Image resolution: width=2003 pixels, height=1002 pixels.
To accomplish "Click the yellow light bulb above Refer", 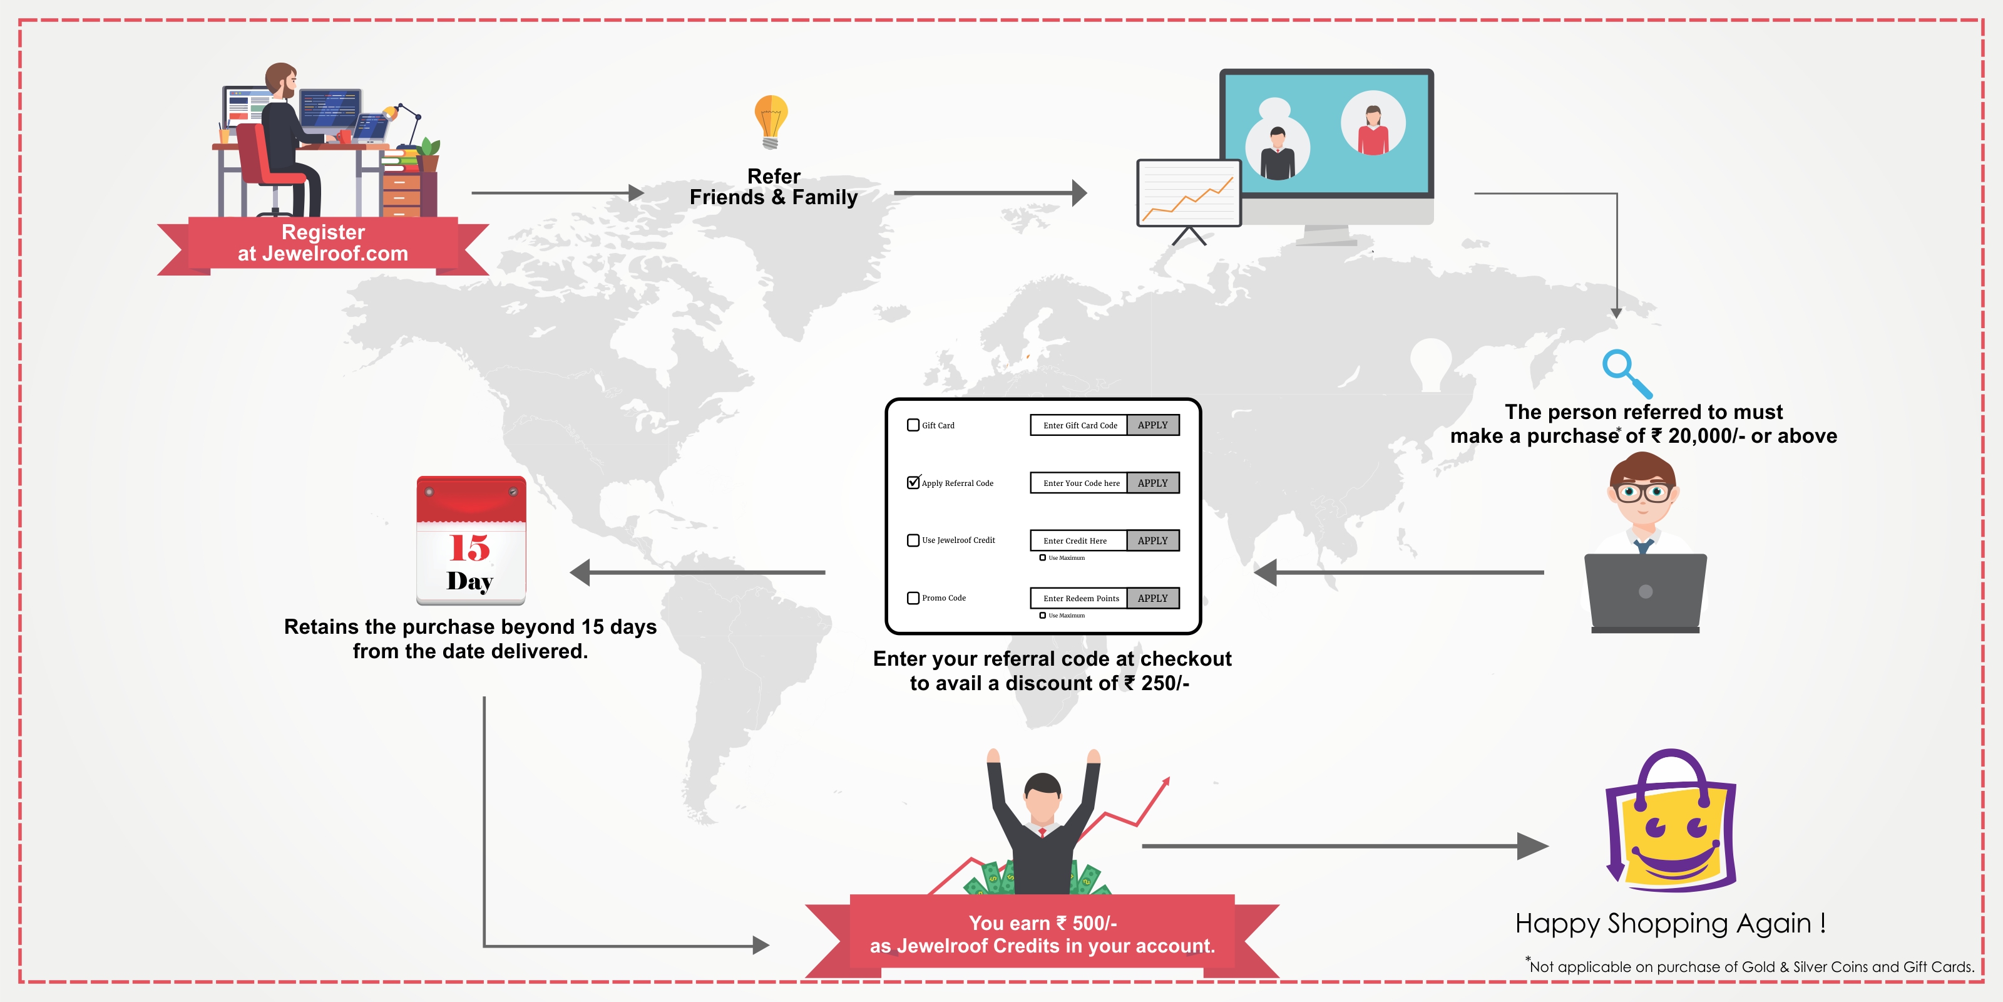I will [771, 121].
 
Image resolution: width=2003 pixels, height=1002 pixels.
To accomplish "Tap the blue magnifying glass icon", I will [1624, 372].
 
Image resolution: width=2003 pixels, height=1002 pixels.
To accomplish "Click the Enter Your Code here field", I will [1079, 483].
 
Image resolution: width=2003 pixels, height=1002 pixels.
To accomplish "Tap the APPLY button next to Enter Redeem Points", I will [1152, 598].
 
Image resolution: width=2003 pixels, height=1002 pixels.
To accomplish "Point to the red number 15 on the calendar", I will [469, 548].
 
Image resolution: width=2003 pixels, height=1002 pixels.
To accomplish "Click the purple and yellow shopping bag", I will [1672, 825].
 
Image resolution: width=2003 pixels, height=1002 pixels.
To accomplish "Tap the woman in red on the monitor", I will [1373, 129].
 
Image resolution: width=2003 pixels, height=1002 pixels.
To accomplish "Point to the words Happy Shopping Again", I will [1670, 924].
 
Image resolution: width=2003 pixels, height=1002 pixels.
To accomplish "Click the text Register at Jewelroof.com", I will [323, 243].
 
